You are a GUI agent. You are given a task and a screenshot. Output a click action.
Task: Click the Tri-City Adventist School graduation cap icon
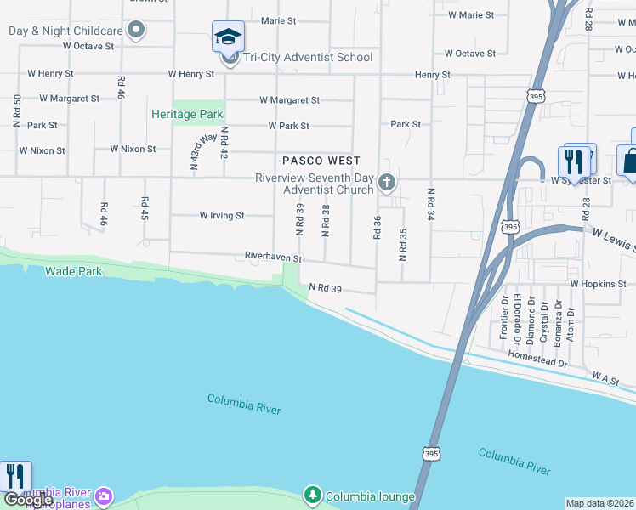(x=228, y=37)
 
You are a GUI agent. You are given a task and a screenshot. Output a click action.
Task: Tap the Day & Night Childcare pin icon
(x=136, y=31)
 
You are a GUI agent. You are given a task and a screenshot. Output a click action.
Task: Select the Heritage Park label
(x=186, y=114)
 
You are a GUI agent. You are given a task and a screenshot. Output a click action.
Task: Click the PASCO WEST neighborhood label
(x=321, y=161)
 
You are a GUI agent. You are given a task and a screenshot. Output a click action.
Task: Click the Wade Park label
(x=74, y=271)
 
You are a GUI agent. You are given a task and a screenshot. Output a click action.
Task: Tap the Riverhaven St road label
(x=273, y=256)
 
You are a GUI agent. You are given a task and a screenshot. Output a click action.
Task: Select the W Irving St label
(x=222, y=216)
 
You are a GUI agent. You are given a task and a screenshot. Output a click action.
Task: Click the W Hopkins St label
(x=598, y=284)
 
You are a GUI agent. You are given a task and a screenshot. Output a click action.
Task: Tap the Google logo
(x=27, y=500)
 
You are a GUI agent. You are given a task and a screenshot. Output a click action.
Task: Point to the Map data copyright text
(x=600, y=503)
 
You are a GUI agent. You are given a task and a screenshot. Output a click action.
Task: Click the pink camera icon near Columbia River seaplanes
(x=104, y=496)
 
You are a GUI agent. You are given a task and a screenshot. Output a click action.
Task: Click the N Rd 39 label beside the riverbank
(x=325, y=289)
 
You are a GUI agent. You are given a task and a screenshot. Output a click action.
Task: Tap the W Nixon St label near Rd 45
(x=133, y=149)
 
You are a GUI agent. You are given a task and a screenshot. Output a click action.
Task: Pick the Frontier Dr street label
(x=503, y=317)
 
